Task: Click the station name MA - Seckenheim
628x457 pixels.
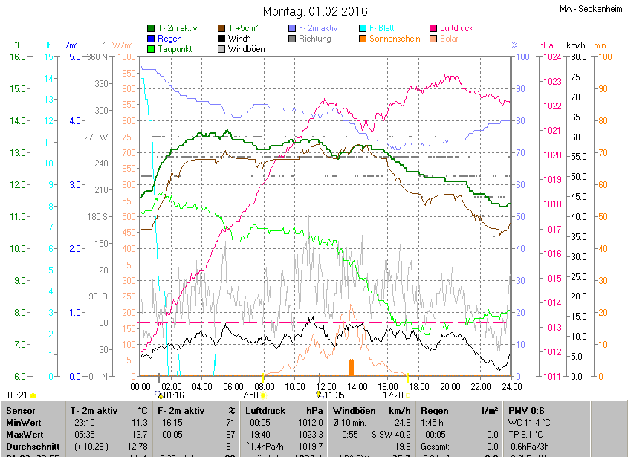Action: (x=592, y=8)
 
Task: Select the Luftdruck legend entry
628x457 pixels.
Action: (x=456, y=28)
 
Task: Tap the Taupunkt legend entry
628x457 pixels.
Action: (x=174, y=49)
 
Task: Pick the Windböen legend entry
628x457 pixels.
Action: (x=245, y=49)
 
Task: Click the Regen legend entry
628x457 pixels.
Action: (x=169, y=39)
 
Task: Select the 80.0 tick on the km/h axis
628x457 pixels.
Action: (x=577, y=56)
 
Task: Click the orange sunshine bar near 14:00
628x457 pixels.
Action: (x=352, y=367)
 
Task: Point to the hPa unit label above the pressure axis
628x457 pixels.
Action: (x=546, y=45)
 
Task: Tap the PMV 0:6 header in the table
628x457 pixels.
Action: (x=526, y=410)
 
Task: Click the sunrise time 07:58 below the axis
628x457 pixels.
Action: (x=248, y=395)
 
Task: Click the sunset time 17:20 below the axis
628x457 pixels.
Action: (x=392, y=395)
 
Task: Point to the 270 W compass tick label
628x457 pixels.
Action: (x=98, y=137)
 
